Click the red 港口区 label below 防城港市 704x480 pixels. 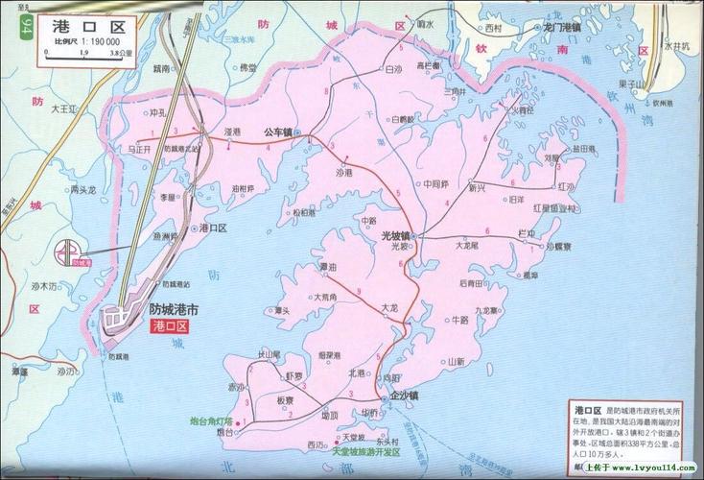[x=172, y=326]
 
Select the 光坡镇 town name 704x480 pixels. [x=394, y=235]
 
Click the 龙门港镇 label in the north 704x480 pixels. [x=564, y=29]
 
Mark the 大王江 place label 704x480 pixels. [x=64, y=109]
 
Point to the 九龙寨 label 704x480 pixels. [x=487, y=310]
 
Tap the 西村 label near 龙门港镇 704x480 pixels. [x=503, y=29]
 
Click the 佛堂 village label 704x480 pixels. [x=247, y=68]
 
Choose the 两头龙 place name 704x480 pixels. [x=82, y=190]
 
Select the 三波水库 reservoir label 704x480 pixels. [x=238, y=40]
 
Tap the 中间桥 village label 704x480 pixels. [x=435, y=183]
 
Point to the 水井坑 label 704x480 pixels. [x=678, y=45]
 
